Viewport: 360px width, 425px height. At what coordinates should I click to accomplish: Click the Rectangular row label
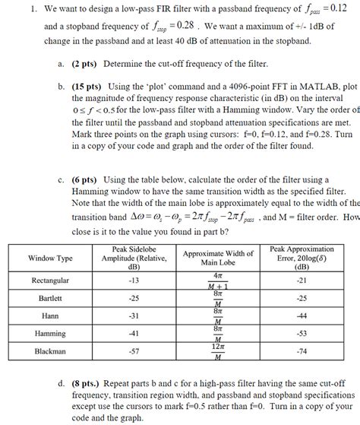(50, 281)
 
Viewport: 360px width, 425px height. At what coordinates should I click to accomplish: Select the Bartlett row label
(50, 298)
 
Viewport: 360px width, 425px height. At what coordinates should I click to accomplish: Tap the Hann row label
(50, 316)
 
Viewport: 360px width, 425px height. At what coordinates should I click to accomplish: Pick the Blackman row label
(50, 351)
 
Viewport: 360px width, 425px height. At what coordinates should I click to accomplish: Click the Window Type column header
(50, 258)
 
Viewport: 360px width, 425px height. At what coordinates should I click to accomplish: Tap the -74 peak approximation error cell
(302, 351)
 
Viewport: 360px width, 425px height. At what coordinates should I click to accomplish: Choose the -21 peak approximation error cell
(302, 281)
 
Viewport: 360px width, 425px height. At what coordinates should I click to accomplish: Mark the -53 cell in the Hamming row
(302, 333)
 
